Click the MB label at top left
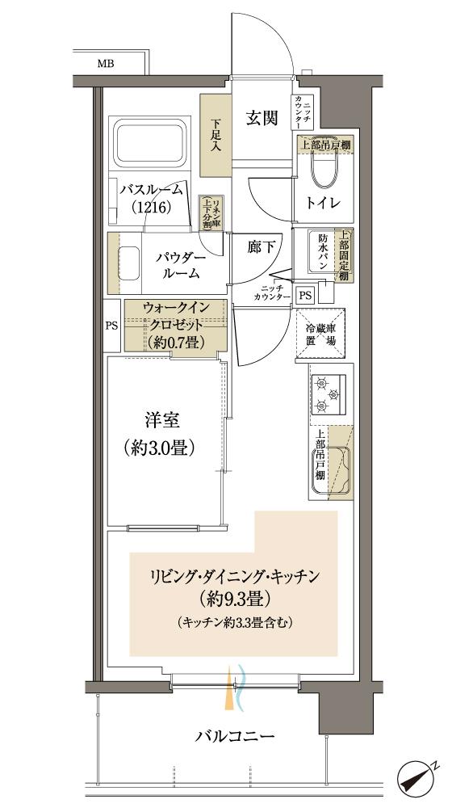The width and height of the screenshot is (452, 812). [x=107, y=62]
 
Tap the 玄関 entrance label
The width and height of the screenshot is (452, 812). [x=262, y=119]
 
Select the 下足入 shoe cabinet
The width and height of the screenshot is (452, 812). [x=216, y=136]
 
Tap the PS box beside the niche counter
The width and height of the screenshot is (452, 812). [x=305, y=295]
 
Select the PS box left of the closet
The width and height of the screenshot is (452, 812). [x=112, y=326]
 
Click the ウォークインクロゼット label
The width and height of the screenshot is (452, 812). [x=175, y=325]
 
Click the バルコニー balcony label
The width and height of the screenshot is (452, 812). [x=235, y=736]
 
